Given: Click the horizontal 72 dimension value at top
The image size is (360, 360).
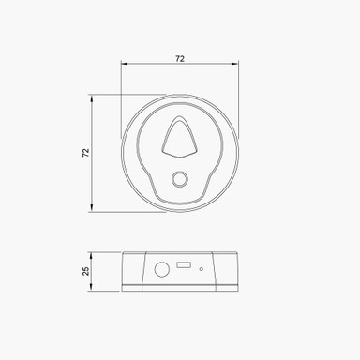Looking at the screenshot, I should [179, 58].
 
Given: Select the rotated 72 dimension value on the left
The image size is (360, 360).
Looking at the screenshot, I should [84, 152].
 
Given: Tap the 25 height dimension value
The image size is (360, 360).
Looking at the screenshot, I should [85, 270].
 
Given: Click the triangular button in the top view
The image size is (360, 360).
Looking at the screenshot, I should [179, 137].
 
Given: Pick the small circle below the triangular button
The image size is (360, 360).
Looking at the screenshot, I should [179, 180].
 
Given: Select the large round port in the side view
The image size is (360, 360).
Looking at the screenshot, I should [161, 268].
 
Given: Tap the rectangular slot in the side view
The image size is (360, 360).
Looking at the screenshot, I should [184, 266].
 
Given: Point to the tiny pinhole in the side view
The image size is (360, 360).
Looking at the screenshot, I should [201, 269].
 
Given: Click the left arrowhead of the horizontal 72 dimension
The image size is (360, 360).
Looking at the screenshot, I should [124, 65].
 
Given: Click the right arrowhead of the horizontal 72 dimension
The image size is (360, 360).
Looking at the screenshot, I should [235, 65].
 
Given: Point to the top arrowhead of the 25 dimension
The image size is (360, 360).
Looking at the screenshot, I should [91, 254].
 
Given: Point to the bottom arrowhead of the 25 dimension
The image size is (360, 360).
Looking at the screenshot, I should [91, 286].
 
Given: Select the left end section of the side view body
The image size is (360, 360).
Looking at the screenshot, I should [132, 270].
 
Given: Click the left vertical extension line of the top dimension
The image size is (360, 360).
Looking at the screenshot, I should [121, 94].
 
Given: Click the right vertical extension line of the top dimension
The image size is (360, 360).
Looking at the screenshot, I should [238, 94].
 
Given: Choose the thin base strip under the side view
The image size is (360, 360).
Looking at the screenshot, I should [179, 287].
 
